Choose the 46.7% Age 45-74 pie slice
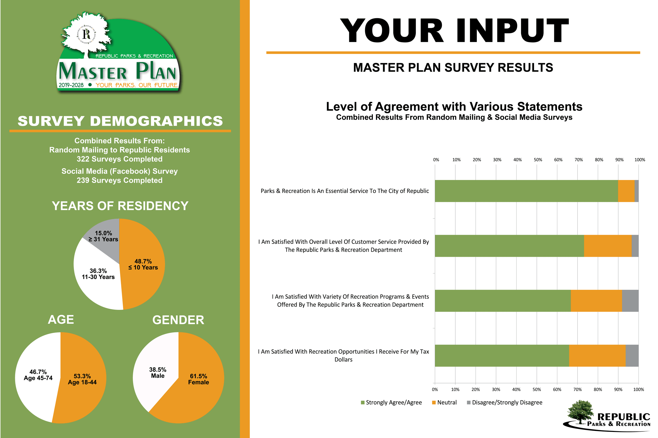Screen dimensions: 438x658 point(36,377)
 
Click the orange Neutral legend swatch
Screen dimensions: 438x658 point(434,403)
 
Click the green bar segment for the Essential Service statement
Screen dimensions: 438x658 point(526,191)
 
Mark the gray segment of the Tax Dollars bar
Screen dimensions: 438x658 point(632,356)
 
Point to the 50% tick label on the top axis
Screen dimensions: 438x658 point(538,160)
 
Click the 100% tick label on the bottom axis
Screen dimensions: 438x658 point(638,389)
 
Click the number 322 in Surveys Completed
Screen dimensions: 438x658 point(83,159)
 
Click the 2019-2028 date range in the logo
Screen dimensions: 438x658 point(71,85)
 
